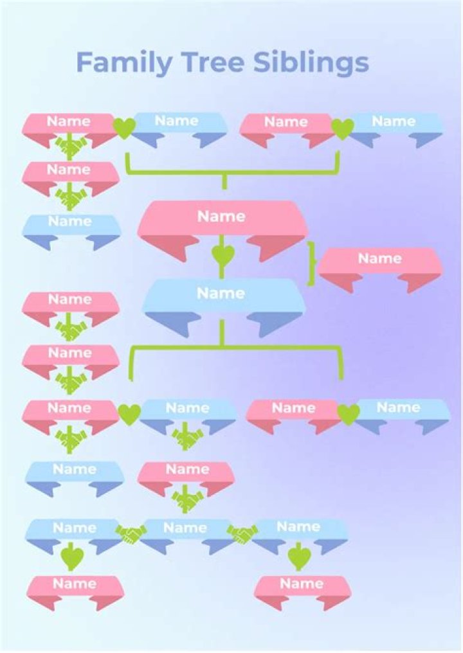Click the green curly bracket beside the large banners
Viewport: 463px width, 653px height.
click(311, 264)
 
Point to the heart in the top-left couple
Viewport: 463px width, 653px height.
click(123, 129)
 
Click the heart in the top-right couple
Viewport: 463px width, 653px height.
click(342, 129)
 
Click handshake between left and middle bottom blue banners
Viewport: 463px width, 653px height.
click(131, 534)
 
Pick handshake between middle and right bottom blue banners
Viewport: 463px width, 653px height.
click(242, 534)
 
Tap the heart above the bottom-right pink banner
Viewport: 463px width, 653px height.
click(299, 557)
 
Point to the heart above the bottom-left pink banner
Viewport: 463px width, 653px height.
click(72, 557)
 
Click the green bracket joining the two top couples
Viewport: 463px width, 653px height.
click(224, 172)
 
